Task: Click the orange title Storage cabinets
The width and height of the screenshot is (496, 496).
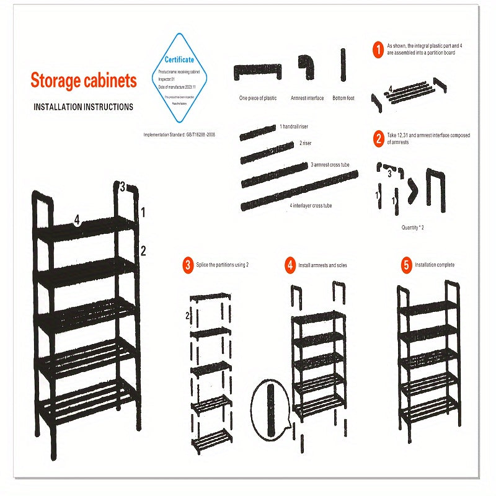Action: (x=84, y=81)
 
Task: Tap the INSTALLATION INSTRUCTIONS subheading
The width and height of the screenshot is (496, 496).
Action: (x=83, y=107)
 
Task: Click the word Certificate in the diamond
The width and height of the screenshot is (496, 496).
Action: (x=179, y=60)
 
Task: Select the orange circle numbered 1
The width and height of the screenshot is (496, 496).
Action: (x=378, y=50)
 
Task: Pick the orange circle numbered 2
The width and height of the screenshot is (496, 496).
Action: (x=378, y=138)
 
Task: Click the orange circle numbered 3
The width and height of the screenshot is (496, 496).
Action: (x=187, y=265)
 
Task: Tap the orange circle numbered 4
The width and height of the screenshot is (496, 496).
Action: (x=290, y=265)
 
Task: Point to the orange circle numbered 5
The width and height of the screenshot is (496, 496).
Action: (x=406, y=265)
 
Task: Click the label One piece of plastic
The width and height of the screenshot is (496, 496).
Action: (x=258, y=98)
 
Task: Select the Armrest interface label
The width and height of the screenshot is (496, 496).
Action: (x=307, y=98)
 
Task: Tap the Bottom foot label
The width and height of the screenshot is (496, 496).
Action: (x=343, y=98)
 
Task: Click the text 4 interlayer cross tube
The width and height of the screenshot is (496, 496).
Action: (x=310, y=205)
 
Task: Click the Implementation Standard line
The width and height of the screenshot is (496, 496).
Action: (x=180, y=134)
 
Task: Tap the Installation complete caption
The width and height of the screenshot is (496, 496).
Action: (x=435, y=265)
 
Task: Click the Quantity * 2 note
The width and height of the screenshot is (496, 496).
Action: (x=412, y=228)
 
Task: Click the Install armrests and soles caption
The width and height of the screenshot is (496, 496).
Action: (x=322, y=265)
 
